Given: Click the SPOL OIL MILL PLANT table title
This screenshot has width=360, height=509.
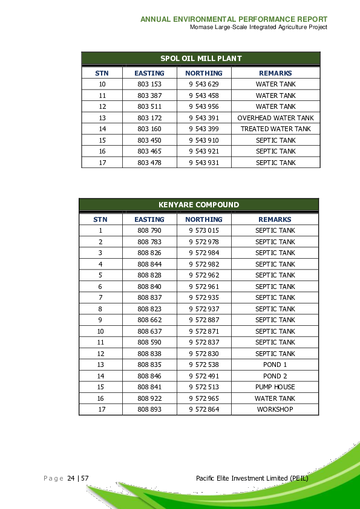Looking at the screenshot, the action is tap(200, 59).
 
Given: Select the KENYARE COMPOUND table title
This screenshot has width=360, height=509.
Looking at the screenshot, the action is tap(198, 205).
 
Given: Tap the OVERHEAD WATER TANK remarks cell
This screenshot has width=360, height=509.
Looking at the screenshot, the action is tap(275, 118).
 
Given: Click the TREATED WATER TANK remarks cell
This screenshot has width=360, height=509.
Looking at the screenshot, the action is tap(275, 129).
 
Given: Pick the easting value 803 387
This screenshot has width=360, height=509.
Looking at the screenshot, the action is tap(149, 96).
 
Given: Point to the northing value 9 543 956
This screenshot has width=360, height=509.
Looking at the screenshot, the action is tap(203, 106).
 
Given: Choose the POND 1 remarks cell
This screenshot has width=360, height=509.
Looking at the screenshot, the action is tap(275, 365).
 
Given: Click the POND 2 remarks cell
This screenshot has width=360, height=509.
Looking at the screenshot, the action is tap(275, 376).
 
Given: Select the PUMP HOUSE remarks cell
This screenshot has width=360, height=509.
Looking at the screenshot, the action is tap(275, 387).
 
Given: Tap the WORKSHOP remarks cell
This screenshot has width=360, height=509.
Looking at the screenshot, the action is tap(275, 409).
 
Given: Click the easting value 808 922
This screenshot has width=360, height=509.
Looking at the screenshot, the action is tap(149, 398).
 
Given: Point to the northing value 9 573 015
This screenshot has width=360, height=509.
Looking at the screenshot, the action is tap(203, 230).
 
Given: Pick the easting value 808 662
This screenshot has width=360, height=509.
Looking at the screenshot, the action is tap(149, 320).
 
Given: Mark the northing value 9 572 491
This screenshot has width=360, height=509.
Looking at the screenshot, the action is tap(203, 376).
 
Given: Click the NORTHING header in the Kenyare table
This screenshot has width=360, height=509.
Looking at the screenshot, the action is tap(203, 219).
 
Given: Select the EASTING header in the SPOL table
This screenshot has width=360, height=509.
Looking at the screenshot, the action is tap(149, 73).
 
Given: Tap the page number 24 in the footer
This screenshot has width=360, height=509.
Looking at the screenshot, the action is tap(71, 478).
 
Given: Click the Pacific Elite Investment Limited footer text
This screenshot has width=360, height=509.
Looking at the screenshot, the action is tap(252, 478).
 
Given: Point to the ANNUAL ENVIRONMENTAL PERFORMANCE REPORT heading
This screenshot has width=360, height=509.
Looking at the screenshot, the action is tap(234, 19).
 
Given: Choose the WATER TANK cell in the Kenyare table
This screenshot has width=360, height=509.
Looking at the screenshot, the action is tap(275, 398).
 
